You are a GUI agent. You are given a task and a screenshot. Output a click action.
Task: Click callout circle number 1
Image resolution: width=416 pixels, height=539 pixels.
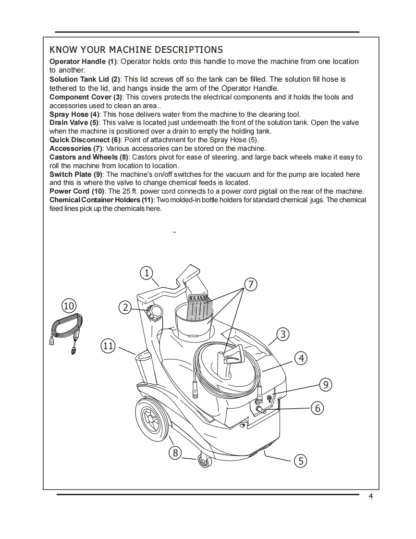point(146,273)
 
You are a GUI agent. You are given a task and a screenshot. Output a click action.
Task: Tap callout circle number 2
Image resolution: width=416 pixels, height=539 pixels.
point(125,307)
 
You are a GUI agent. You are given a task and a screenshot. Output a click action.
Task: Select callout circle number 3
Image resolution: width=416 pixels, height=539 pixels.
point(283,334)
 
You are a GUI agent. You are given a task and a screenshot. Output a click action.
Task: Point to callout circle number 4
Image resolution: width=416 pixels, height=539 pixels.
point(301,358)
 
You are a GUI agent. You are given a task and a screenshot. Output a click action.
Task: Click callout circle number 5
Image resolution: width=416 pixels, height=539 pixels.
point(300,461)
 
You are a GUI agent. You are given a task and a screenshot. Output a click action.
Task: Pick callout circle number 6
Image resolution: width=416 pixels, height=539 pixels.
point(317,408)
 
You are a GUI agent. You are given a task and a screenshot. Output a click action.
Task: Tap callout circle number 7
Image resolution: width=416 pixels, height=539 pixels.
point(250,284)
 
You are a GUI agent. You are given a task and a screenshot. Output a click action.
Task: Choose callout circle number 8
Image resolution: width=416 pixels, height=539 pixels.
point(176,453)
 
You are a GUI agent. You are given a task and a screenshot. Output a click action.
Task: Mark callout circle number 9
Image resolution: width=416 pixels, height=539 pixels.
point(326,384)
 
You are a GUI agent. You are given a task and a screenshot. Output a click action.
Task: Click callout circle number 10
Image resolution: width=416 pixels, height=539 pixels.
point(69,306)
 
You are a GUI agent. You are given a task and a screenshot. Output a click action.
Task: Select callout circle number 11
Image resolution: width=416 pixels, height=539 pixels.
point(109,345)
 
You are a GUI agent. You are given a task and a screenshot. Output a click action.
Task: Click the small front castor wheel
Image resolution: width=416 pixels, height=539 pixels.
point(205,463)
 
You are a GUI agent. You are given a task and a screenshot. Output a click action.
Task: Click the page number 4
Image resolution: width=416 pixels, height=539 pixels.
point(370,497)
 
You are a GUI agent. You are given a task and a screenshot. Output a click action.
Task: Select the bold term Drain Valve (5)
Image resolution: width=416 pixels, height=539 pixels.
point(74,122)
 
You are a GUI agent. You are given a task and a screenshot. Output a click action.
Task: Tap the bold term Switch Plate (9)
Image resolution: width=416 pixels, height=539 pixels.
point(76,174)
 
